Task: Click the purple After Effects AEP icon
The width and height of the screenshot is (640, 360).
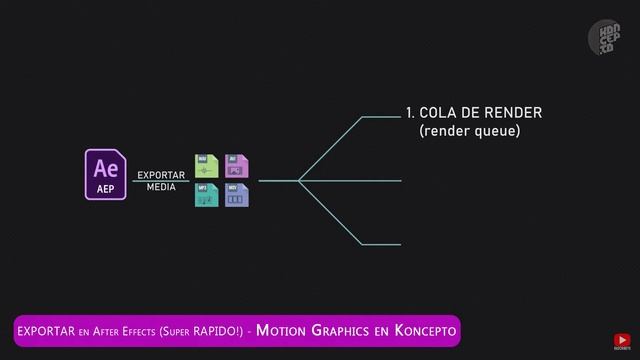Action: (106, 174)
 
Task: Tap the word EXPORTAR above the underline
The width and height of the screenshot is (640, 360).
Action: (161, 175)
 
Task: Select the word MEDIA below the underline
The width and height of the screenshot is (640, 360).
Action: (161, 187)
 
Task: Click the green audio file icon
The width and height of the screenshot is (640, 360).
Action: (206, 165)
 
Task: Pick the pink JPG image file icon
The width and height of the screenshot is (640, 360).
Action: (237, 165)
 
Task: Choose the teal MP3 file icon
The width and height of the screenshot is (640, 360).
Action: (206, 195)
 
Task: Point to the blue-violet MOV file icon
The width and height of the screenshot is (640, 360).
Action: (237, 195)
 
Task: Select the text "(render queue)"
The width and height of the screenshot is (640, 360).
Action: (469, 131)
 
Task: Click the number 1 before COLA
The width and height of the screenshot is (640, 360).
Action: (410, 113)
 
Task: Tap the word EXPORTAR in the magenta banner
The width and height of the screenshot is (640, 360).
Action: (46, 330)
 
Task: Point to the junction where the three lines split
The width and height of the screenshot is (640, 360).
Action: (299, 181)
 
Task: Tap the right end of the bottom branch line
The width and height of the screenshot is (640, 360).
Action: (400, 244)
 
